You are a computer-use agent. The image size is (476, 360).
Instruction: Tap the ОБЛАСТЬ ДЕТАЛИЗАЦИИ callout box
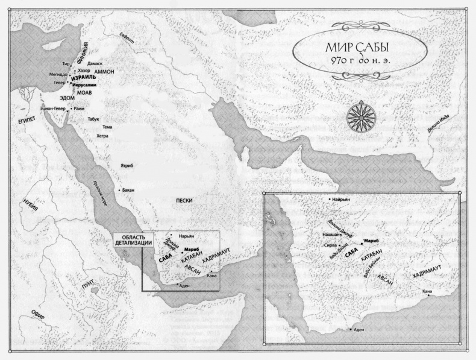pyautogui.click(x=133, y=239)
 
